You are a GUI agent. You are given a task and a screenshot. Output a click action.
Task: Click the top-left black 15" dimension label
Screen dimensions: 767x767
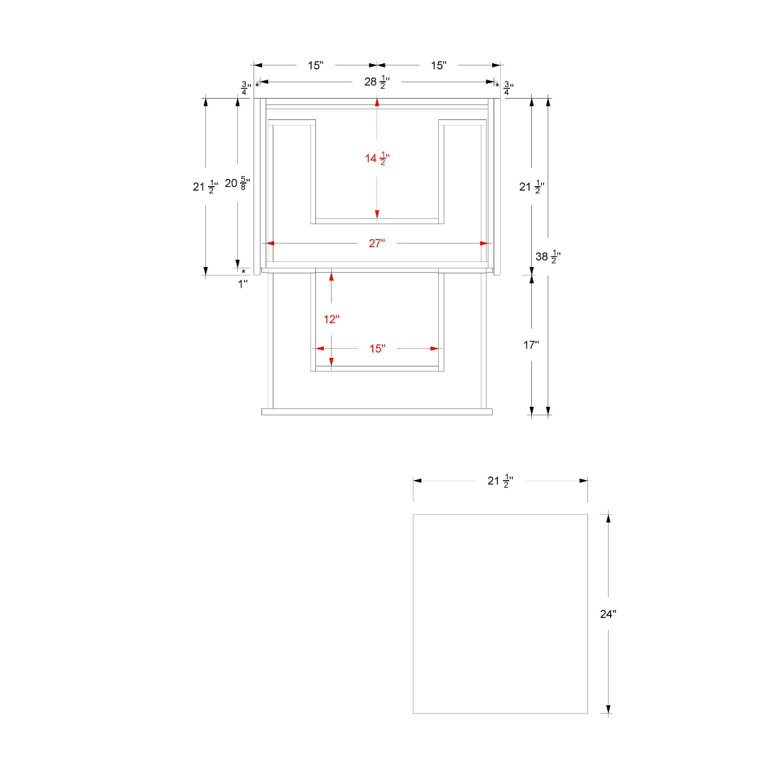[315, 65]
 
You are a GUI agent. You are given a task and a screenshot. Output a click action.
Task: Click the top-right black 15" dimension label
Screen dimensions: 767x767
[439, 65]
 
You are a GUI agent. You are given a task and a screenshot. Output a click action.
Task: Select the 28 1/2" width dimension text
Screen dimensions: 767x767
[376, 82]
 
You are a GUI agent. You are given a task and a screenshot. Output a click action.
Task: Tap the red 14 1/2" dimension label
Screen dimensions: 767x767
[377, 158]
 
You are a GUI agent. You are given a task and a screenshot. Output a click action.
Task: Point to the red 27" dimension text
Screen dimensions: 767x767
[376, 243]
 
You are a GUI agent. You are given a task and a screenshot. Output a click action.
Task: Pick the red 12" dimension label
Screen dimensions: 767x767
[331, 320]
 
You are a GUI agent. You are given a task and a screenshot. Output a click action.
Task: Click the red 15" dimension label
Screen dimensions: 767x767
[377, 349]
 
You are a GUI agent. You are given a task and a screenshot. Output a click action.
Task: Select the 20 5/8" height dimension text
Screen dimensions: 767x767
[237, 183]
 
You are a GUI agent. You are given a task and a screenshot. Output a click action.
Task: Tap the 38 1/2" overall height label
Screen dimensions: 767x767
[548, 257]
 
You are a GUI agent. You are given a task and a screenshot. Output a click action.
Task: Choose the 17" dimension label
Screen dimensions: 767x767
[531, 345]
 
